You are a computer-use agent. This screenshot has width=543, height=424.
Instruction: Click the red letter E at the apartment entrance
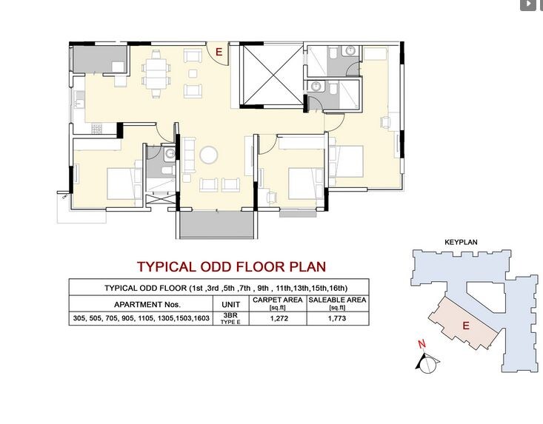(219, 51)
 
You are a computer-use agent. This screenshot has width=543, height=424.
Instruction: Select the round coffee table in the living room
(209, 155)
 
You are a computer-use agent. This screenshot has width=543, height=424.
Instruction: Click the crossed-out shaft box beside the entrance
(272, 75)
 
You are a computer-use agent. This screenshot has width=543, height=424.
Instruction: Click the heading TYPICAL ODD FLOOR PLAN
(231, 266)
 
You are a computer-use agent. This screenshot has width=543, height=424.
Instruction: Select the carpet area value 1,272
(278, 319)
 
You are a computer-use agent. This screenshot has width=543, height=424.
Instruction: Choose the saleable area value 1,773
(337, 319)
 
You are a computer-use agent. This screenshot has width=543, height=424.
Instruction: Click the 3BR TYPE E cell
(226, 319)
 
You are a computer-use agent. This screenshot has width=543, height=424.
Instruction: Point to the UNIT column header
(226, 304)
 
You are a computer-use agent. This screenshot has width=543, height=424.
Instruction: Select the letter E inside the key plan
(466, 324)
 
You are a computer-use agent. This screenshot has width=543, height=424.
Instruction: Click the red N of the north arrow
(422, 344)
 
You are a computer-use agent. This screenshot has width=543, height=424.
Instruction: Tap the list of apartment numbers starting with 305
(141, 319)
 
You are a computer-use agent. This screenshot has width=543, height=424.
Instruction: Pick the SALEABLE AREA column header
(337, 303)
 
